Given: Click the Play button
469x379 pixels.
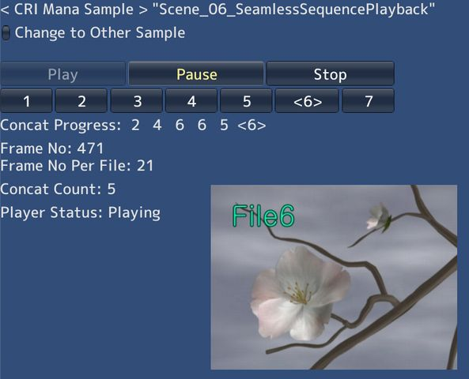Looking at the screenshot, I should tap(62, 74).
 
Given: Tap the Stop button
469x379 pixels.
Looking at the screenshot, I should tap(330, 74).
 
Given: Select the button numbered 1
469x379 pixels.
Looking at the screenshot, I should tap(26, 101).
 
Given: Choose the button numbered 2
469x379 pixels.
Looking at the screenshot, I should tap(81, 101).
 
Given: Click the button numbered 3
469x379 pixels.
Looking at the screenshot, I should tap(136, 101).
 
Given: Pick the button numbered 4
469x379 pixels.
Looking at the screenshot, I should tap(191, 101).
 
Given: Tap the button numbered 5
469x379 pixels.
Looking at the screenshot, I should tap(246, 101).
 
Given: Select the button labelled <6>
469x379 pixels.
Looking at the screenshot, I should tap(307, 101).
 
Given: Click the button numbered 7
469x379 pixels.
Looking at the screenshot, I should tap(368, 101).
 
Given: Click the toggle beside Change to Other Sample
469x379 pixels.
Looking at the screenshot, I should tap(6, 33).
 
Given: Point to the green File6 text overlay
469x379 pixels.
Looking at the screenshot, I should tap(263, 216).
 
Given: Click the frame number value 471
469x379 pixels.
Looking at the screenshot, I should tap(90, 148).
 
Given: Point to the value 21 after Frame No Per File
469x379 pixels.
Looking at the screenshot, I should tap(145, 166).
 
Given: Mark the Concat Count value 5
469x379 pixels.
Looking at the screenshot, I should tap(112, 189).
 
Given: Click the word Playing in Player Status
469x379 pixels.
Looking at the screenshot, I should tap(134, 212).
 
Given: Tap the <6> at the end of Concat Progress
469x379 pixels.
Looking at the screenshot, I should tap(252, 126).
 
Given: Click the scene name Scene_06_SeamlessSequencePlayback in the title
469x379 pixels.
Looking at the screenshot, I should tap(293, 10).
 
